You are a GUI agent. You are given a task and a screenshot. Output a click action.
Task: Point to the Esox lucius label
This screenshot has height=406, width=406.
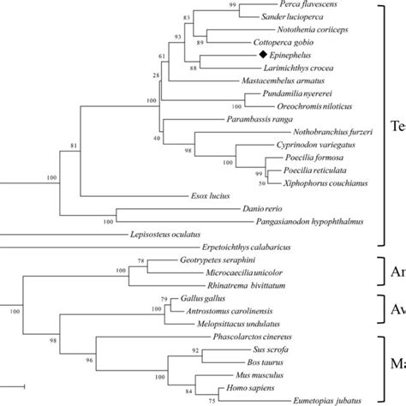coord(212,196)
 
